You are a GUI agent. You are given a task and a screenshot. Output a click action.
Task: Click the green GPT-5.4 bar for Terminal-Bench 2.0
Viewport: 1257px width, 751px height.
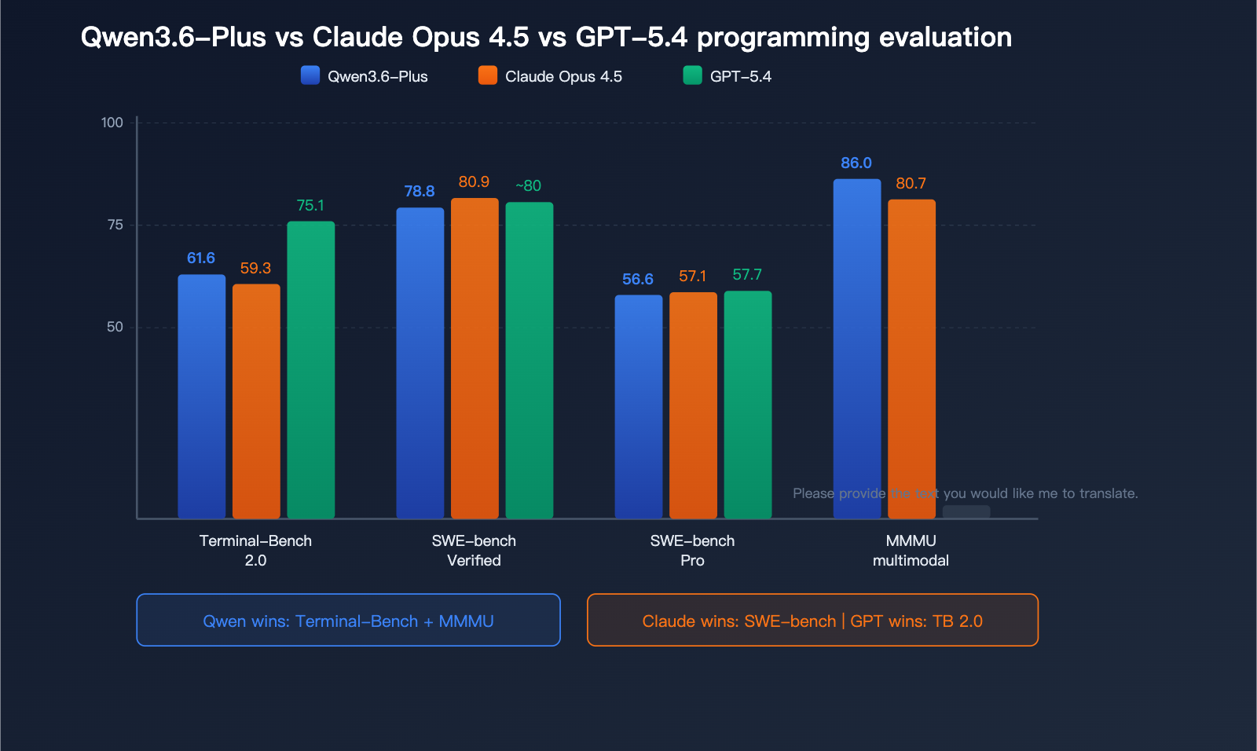tap(310, 369)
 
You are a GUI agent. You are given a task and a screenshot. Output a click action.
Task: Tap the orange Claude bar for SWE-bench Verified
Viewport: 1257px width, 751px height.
tap(475, 357)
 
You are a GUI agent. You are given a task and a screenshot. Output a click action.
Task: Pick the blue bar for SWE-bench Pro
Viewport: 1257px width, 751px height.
tap(638, 406)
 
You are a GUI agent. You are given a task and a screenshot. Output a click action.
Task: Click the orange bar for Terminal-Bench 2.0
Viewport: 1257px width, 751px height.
tap(256, 401)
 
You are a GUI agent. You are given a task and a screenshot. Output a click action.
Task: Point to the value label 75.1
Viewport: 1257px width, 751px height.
tap(310, 205)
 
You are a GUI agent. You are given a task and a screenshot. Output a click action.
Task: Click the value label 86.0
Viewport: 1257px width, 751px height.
tap(856, 163)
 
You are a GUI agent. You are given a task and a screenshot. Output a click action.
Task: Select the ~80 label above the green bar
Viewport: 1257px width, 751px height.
tap(528, 185)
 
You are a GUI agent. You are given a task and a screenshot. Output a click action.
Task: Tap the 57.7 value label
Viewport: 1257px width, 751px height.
tap(747, 274)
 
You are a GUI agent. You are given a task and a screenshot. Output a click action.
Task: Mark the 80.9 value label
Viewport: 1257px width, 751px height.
tap(474, 181)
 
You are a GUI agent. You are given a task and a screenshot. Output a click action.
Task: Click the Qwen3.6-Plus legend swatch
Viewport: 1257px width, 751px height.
tap(310, 75)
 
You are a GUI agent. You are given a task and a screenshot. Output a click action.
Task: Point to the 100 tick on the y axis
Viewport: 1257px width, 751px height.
tap(112, 123)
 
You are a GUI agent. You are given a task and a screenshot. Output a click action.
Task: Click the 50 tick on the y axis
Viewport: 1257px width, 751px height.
tap(115, 327)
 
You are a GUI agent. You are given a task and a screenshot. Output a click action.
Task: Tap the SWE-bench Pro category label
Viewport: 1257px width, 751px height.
tap(692, 550)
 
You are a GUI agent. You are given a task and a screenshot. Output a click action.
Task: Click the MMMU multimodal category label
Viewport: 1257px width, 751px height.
tap(911, 550)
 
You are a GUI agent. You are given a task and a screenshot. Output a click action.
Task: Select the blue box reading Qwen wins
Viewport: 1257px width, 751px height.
tap(348, 620)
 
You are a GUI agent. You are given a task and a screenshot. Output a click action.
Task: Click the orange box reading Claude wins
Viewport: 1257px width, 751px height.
tap(812, 620)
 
